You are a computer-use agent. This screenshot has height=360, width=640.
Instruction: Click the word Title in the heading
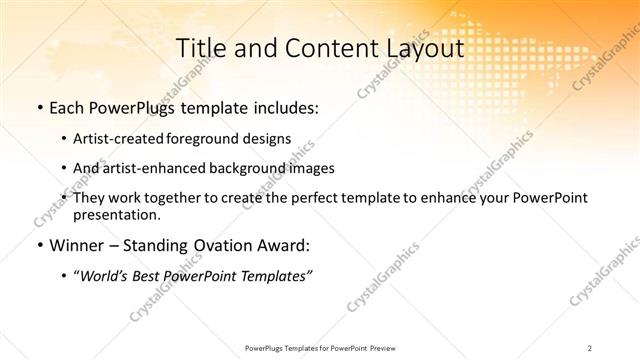tap(200, 48)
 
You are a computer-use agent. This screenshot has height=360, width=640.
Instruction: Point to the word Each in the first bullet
tap(67, 107)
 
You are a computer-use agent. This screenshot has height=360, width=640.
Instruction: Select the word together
tap(182, 198)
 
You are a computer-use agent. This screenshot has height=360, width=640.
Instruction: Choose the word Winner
tap(75, 245)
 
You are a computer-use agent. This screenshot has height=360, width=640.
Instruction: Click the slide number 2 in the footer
tap(590, 348)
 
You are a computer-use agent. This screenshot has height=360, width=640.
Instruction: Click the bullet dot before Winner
tap(39, 245)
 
